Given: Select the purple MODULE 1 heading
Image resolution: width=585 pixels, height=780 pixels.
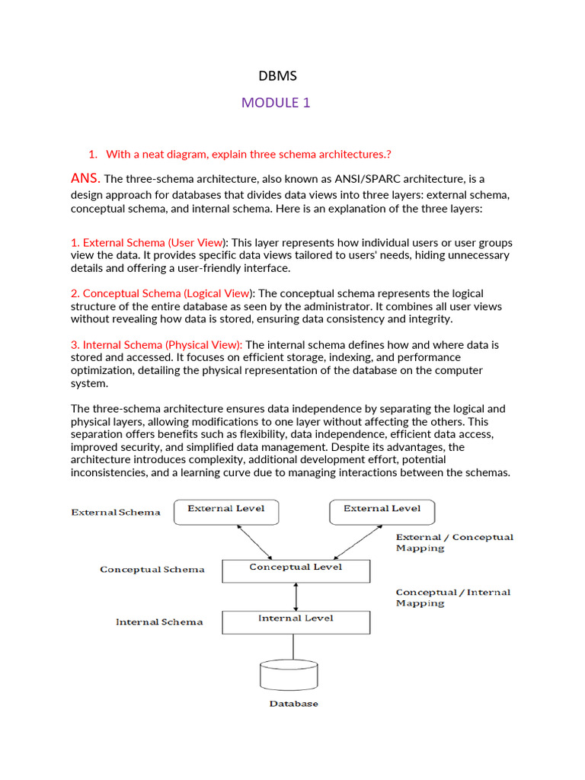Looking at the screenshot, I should [276, 103].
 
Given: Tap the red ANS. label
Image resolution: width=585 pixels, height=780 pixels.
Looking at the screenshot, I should [85, 178].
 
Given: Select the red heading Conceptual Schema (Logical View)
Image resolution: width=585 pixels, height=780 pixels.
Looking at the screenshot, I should [166, 293].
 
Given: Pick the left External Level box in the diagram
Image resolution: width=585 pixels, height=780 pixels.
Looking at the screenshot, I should [226, 512].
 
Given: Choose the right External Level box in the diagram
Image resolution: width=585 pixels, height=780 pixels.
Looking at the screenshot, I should [382, 512].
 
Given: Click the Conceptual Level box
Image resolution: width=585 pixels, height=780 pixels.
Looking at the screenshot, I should [296, 571].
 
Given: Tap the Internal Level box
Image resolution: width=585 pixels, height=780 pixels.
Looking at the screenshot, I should [296, 622].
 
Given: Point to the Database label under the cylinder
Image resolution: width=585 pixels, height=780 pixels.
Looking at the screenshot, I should [293, 704].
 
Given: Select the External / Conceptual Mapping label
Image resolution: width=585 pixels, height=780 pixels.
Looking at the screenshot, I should [454, 542].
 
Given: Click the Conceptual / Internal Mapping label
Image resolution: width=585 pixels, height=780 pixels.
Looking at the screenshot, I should [452, 597].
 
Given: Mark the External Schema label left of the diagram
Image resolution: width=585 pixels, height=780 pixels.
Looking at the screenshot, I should [116, 512].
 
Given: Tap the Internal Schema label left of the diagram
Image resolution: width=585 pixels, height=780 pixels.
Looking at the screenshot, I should [159, 622].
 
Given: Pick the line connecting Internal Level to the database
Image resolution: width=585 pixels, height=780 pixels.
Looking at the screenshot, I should [293, 647].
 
